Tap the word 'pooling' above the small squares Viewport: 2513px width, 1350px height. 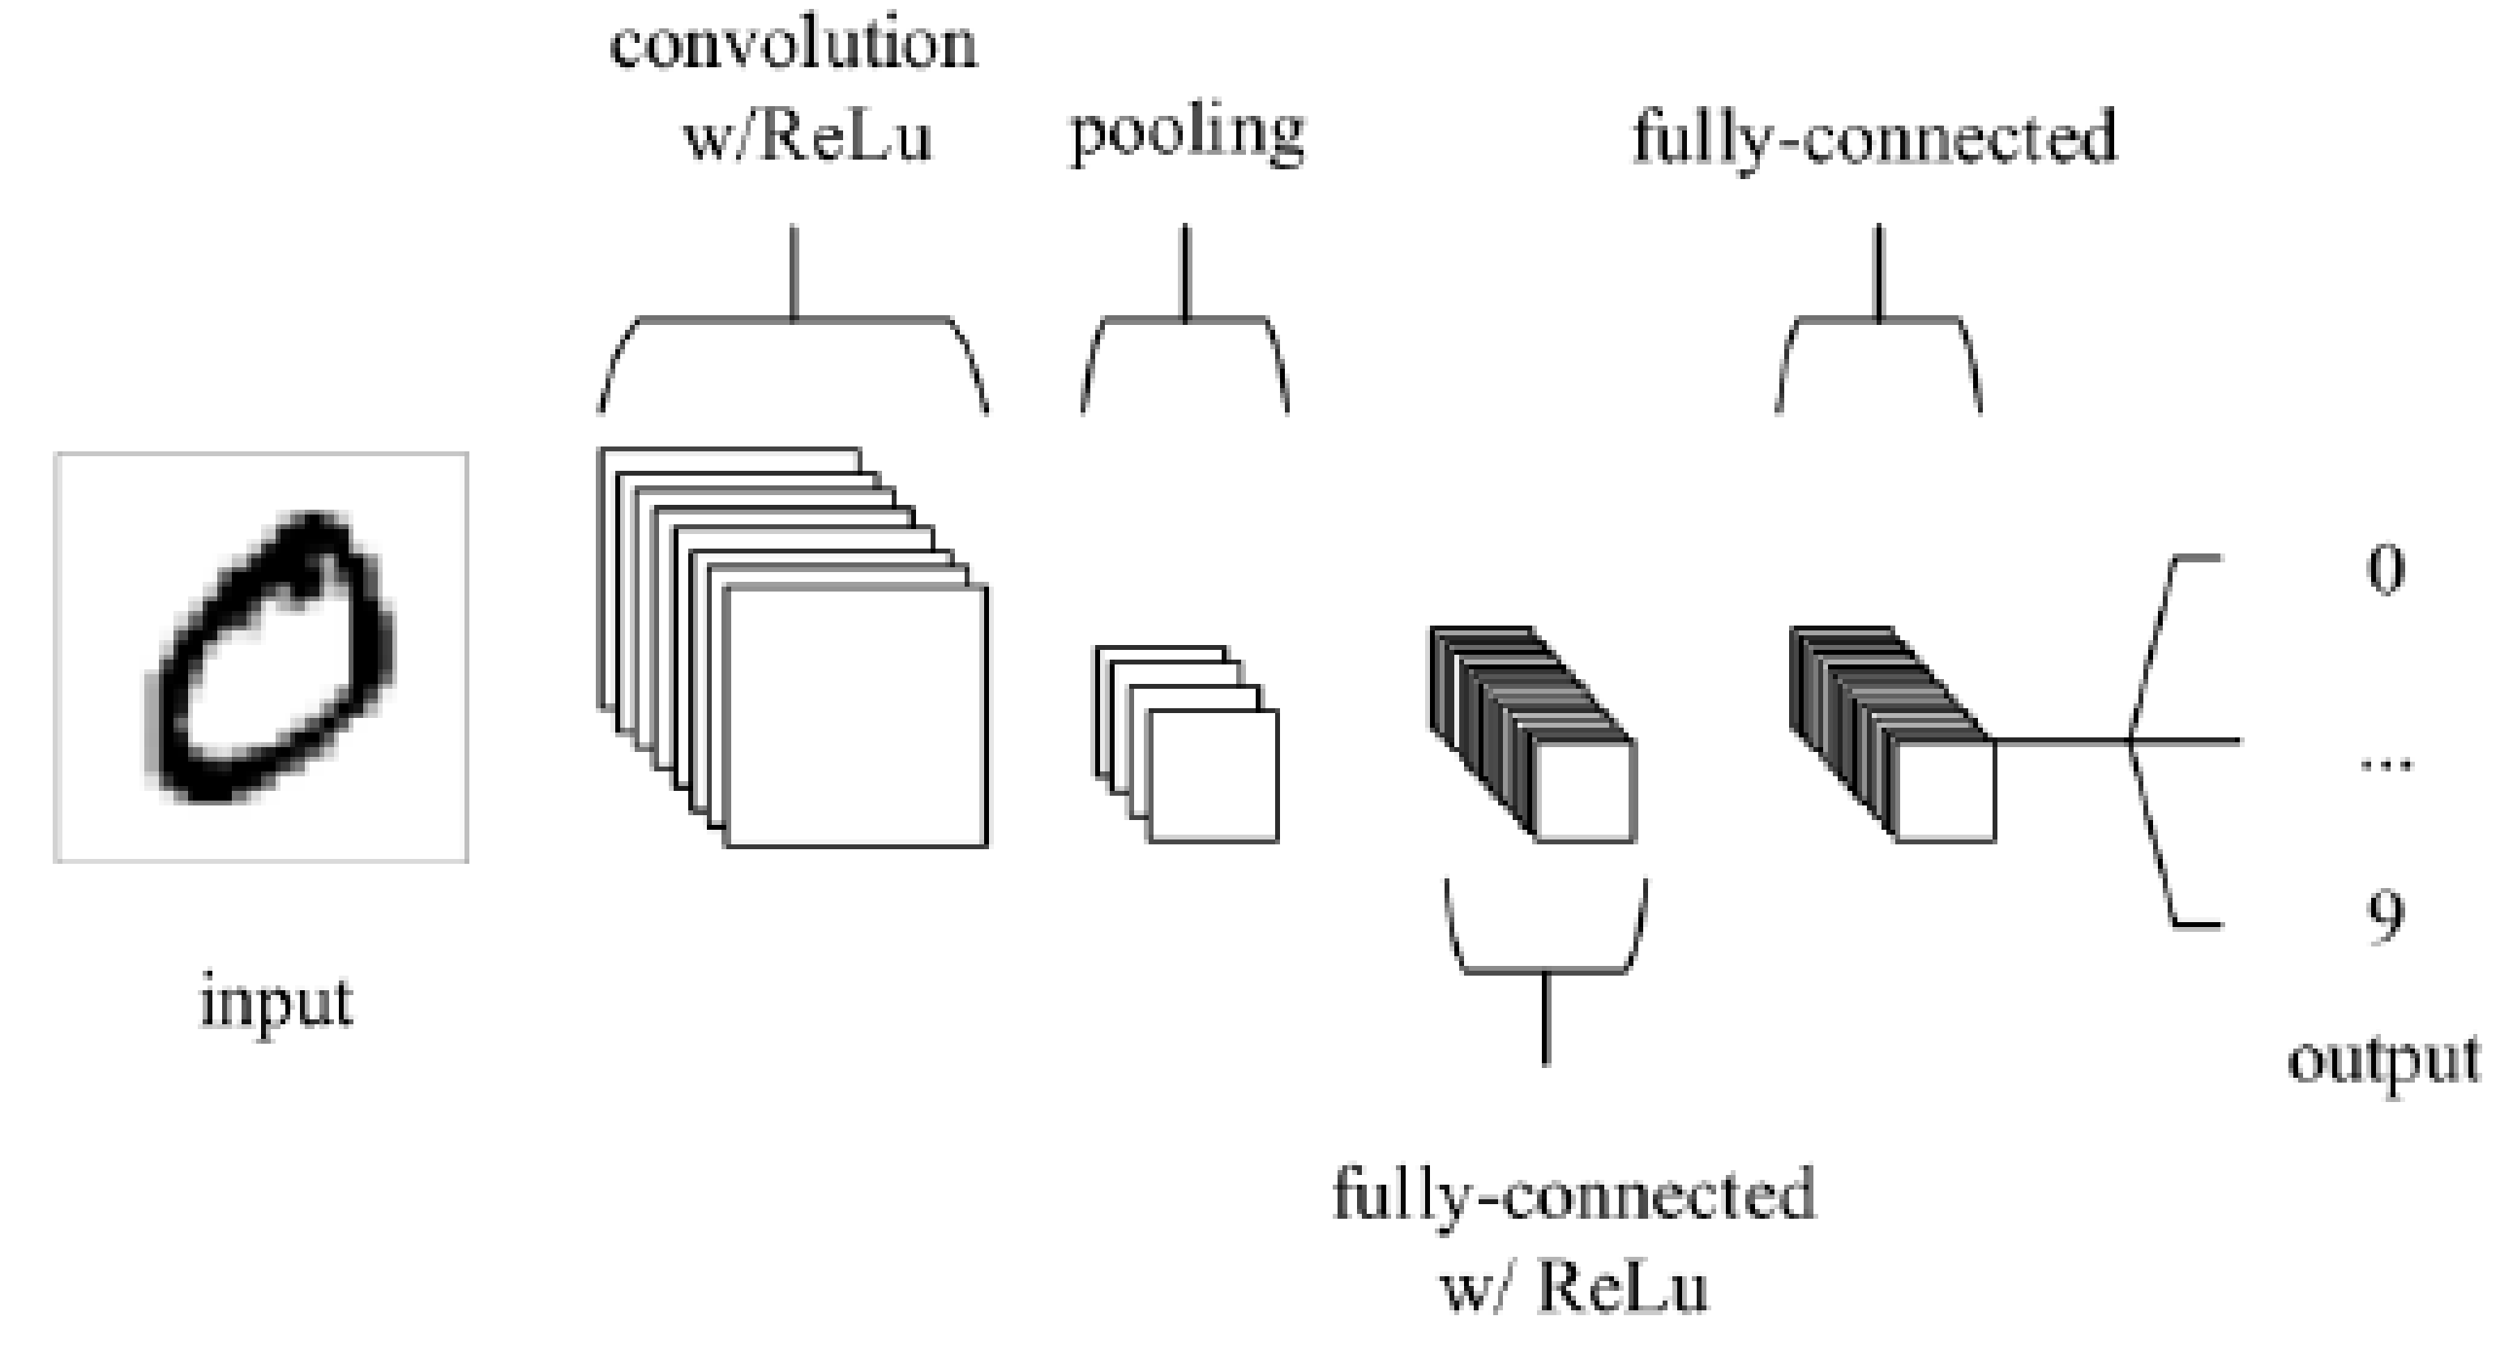(1188, 135)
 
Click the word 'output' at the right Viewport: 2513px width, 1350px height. (2384, 1059)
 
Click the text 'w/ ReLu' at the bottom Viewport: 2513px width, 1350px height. (1574, 1288)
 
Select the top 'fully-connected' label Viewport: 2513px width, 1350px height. (1875, 137)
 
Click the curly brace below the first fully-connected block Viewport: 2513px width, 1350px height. (1545, 972)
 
